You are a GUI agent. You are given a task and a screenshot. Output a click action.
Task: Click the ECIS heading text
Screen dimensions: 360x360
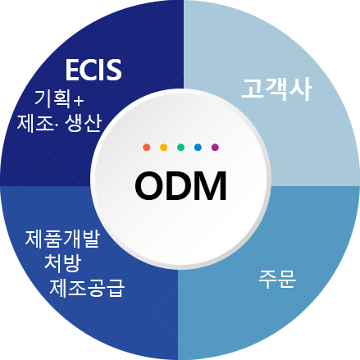point(93,70)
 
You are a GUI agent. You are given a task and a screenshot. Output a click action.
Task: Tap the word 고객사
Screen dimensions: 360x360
point(276,89)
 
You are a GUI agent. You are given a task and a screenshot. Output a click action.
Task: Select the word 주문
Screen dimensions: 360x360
point(277,279)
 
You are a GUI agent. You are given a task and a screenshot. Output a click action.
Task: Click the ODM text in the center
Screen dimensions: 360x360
point(180,186)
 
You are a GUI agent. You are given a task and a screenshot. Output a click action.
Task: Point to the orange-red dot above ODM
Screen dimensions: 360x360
point(147,148)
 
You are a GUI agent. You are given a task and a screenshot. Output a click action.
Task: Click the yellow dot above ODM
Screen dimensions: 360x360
point(164,148)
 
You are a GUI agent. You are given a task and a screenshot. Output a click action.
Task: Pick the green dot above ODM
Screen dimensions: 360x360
point(180,148)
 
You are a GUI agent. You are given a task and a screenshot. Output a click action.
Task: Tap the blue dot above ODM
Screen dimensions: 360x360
point(198,148)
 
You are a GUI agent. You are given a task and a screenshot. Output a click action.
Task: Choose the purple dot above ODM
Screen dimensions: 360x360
point(215,148)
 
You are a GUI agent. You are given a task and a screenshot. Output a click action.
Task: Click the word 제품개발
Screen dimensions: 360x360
point(63,239)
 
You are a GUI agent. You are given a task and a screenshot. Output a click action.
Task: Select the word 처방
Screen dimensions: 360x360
point(63,263)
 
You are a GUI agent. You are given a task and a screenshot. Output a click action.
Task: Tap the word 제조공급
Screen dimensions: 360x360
point(87,288)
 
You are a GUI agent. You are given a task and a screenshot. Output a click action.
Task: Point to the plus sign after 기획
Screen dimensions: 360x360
point(79,101)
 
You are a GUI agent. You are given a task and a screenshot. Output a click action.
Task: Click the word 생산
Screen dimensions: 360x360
point(84,123)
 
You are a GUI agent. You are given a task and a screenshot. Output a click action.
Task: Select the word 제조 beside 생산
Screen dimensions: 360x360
point(35,124)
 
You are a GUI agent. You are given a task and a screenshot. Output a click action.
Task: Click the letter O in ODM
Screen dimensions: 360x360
point(149,186)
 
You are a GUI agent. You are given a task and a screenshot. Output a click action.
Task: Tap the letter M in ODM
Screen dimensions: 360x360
point(211,186)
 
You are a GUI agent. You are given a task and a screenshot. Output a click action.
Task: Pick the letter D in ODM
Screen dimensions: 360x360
point(179,186)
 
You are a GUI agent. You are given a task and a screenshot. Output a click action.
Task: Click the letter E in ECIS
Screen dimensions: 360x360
point(72,71)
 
